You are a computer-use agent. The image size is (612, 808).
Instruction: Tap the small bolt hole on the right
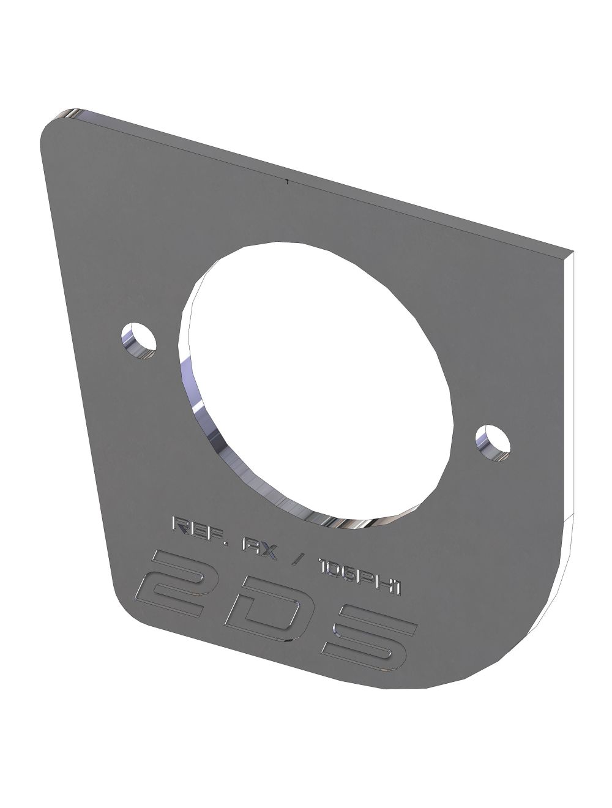point(494,440)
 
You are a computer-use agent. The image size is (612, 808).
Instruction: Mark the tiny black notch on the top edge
point(286,181)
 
